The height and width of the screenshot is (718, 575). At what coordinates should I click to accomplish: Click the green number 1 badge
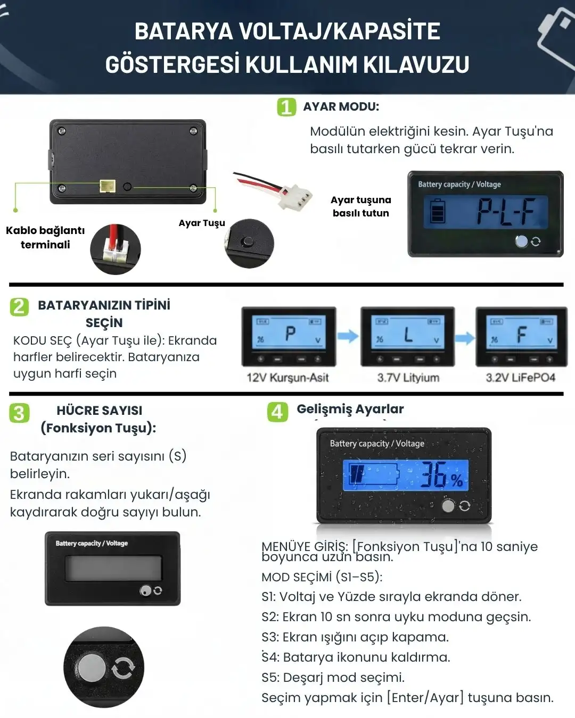[x=286, y=107]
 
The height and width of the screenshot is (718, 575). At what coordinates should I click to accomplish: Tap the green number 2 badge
[x=19, y=307]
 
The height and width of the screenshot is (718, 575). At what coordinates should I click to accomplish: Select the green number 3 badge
[x=19, y=413]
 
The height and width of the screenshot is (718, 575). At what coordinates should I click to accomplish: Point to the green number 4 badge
[x=277, y=412]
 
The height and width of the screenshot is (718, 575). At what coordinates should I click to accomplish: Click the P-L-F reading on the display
[x=506, y=212]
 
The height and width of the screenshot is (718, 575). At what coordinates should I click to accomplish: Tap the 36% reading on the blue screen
[x=441, y=474]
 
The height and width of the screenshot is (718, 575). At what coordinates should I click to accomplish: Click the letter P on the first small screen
[x=290, y=333]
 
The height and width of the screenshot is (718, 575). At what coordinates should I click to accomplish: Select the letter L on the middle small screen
[x=408, y=335]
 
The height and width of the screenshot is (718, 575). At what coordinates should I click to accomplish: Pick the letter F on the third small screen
[x=522, y=335]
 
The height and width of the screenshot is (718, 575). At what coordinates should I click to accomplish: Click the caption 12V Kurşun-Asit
[x=287, y=378]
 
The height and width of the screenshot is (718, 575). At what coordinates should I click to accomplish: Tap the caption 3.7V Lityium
[x=408, y=378]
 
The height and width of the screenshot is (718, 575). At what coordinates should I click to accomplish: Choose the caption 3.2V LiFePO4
[x=521, y=378]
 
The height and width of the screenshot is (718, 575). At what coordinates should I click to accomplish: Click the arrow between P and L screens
[x=348, y=336]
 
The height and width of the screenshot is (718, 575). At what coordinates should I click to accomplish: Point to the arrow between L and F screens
[x=465, y=338]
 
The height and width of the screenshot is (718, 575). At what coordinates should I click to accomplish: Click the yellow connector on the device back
[x=107, y=186]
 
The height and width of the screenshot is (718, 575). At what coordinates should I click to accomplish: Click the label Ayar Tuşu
[x=202, y=223]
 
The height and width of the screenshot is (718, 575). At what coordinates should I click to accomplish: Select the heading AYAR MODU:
[x=341, y=107]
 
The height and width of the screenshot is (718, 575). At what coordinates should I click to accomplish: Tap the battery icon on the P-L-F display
[x=437, y=211]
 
